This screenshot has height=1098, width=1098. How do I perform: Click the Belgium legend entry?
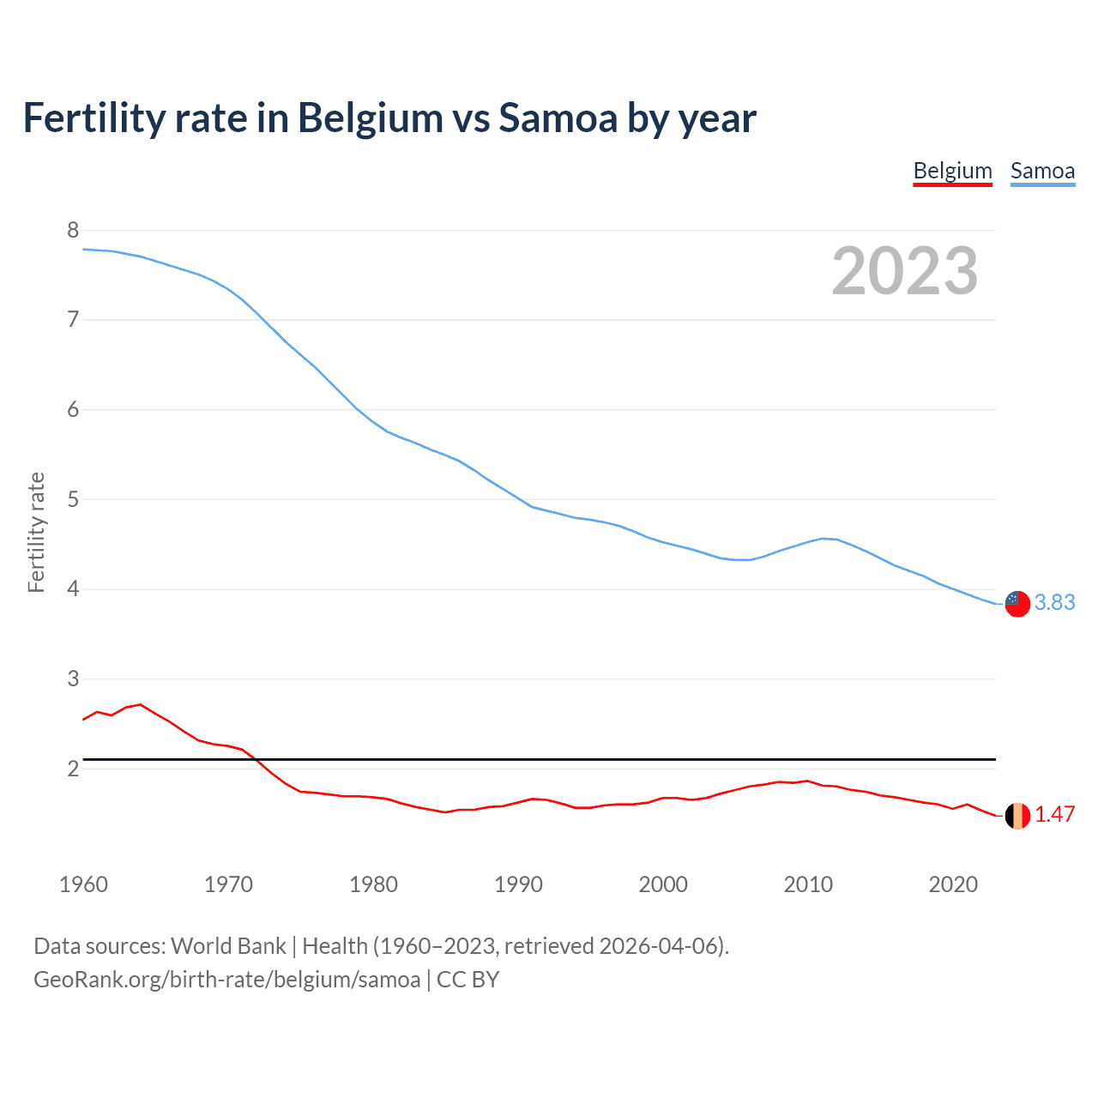pos(952,171)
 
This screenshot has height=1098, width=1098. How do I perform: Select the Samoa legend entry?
pos(1042,171)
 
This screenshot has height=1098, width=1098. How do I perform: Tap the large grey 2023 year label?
pos(904,271)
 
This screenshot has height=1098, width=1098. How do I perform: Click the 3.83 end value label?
pos(1054,603)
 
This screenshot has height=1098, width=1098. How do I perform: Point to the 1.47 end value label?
pos(1054,815)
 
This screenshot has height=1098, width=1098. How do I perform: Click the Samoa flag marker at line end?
pos(1017,603)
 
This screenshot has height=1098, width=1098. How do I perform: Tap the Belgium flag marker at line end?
pos(1017,816)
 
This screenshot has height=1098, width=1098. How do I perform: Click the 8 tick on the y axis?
pos(73,230)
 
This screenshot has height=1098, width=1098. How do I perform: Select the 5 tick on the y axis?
pos(73,499)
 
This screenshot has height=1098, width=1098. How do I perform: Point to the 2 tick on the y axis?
pos(73,769)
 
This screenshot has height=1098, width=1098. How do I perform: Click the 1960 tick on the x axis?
pos(83,884)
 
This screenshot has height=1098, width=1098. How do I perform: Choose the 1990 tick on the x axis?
pos(518,884)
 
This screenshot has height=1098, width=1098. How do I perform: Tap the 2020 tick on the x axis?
pos(953,884)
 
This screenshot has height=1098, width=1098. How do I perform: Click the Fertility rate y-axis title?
pos(36,532)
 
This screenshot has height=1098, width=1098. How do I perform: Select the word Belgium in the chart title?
pos(371,118)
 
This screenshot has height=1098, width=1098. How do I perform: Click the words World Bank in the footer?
pos(228,946)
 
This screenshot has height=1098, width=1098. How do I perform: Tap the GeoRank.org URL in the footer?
pos(226,980)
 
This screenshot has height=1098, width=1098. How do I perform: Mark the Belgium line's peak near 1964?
pos(141,704)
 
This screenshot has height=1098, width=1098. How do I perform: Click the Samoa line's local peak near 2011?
pos(823,539)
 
